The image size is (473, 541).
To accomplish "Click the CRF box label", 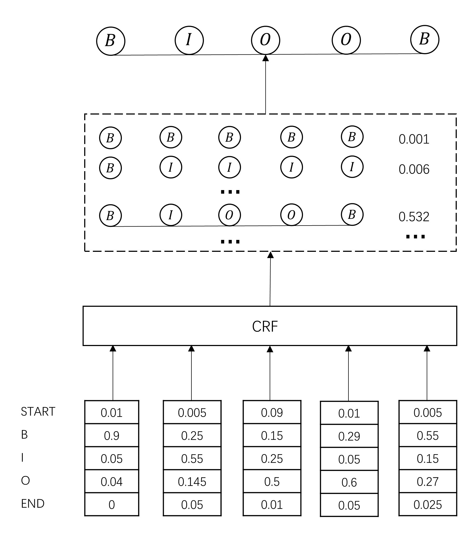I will [x=265, y=326].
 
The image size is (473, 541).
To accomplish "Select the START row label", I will [x=38, y=412].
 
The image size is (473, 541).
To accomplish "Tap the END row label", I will [x=33, y=504].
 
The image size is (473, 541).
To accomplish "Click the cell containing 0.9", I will [x=112, y=436].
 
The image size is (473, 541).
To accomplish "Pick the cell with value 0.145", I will [x=192, y=482].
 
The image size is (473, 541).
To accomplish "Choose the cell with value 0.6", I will [x=349, y=482].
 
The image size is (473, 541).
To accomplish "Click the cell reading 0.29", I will [x=349, y=436].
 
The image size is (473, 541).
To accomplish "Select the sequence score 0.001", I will [x=414, y=139].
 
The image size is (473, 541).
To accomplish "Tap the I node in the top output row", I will [x=189, y=40].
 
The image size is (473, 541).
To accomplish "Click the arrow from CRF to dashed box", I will [x=270, y=279].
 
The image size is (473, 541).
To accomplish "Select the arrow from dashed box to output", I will [x=266, y=84].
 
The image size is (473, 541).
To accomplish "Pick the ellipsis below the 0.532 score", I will [x=415, y=237].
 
